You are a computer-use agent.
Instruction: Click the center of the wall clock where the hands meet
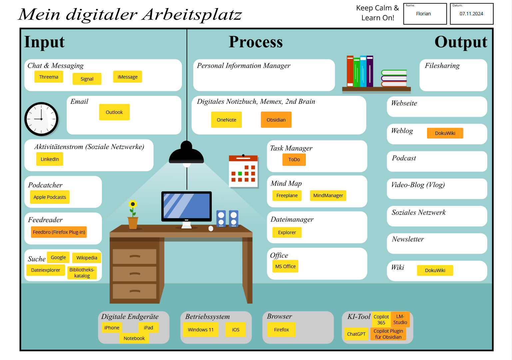point(41,119)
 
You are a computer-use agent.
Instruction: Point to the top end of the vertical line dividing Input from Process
point(187,29)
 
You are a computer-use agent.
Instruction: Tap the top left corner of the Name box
point(404,3)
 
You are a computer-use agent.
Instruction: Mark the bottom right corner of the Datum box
point(493,24)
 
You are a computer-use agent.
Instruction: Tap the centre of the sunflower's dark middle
point(133,204)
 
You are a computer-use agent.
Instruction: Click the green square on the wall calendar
point(240,174)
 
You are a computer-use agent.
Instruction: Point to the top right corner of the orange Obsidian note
point(291,112)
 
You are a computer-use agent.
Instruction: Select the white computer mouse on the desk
point(211,228)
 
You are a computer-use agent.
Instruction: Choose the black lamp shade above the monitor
point(186,153)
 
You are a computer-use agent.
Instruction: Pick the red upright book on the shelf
point(350,71)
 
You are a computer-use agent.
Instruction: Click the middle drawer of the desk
point(135,274)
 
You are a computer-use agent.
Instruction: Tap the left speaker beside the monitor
point(221,218)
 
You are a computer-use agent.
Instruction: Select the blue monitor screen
point(187,206)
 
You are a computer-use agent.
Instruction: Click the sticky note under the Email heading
point(114,112)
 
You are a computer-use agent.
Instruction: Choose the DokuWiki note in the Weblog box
point(445,133)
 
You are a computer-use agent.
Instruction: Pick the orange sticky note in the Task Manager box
point(294,159)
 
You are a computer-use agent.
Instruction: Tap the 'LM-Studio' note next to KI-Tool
point(400,319)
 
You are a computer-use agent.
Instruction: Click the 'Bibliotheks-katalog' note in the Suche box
point(82,273)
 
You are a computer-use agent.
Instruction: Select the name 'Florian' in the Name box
point(423,14)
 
